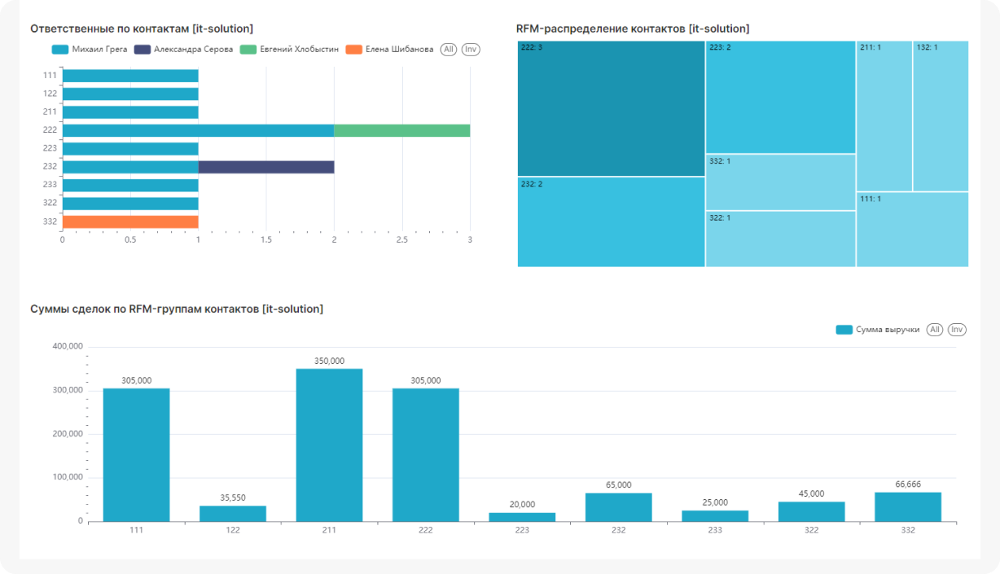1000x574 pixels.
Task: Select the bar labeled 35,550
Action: (x=233, y=513)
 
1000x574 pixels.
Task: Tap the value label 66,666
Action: (x=908, y=484)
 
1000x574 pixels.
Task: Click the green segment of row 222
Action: (x=401, y=130)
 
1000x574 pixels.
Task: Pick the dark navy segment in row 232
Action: (x=265, y=167)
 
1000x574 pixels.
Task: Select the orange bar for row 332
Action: (x=130, y=221)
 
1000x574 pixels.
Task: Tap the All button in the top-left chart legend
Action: (x=449, y=50)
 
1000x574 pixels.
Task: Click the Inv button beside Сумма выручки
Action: (x=957, y=330)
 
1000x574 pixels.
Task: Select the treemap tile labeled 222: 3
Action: (x=611, y=108)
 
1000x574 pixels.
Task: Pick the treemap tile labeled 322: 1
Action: (x=780, y=239)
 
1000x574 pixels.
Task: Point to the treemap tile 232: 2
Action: (x=611, y=221)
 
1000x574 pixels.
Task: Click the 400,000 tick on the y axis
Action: (x=68, y=347)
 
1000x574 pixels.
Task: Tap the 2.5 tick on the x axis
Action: (x=401, y=240)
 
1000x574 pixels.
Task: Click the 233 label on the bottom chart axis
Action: (x=715, y=530)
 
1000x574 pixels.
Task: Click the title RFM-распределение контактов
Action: (x=633, y=28)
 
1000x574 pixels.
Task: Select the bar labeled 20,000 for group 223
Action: (x=522, y=516)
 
